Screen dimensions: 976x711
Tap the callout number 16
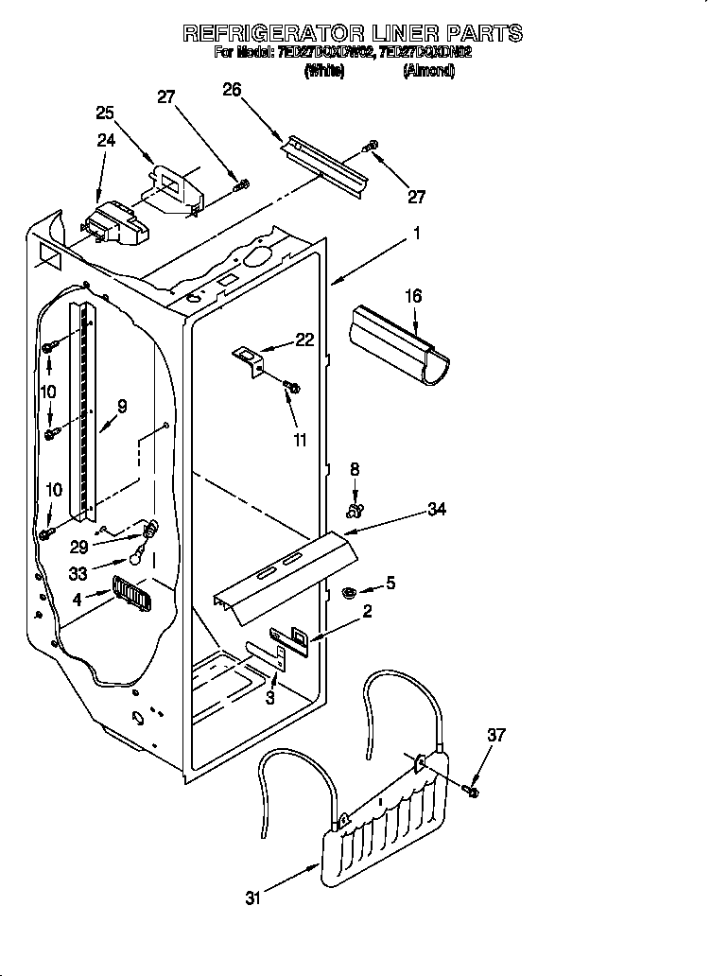point(413,297)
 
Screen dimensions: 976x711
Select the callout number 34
point(437,511)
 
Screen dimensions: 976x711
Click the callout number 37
point(497,735)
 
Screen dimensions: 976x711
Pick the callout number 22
point(304,340)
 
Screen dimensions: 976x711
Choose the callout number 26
point(232,90)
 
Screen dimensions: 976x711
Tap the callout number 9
point(121,408)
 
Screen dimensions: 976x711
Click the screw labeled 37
point(472,788)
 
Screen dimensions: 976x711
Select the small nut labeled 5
point(347,593)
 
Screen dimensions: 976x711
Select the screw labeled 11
point(292,386)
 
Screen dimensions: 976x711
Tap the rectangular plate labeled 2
point(292,639)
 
